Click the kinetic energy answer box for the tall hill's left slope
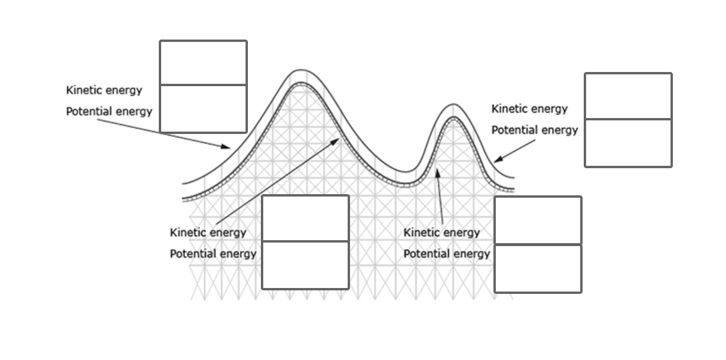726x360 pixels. click(x=203, y=63)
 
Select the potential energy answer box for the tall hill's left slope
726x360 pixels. click(x=203, y=109)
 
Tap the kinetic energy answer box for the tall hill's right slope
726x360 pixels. click(x=305, y=218)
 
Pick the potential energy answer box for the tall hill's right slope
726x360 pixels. click(x=305, y=265)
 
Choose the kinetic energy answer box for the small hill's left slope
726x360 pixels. click(x=538, y=220)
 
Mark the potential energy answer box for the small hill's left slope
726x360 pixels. click(x=538, y=269)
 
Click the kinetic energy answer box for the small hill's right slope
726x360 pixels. click(x=628, y=96)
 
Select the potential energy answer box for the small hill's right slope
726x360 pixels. click(x=628, y=143)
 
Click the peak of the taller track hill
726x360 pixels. click(x=301, y=70)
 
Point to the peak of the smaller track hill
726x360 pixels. click(x=453, y=105)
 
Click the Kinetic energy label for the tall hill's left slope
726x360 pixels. click(x=104, y=90)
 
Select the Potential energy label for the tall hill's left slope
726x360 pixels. click(x=109, y=111)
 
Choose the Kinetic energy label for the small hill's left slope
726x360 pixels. click(x=442, y=233)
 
